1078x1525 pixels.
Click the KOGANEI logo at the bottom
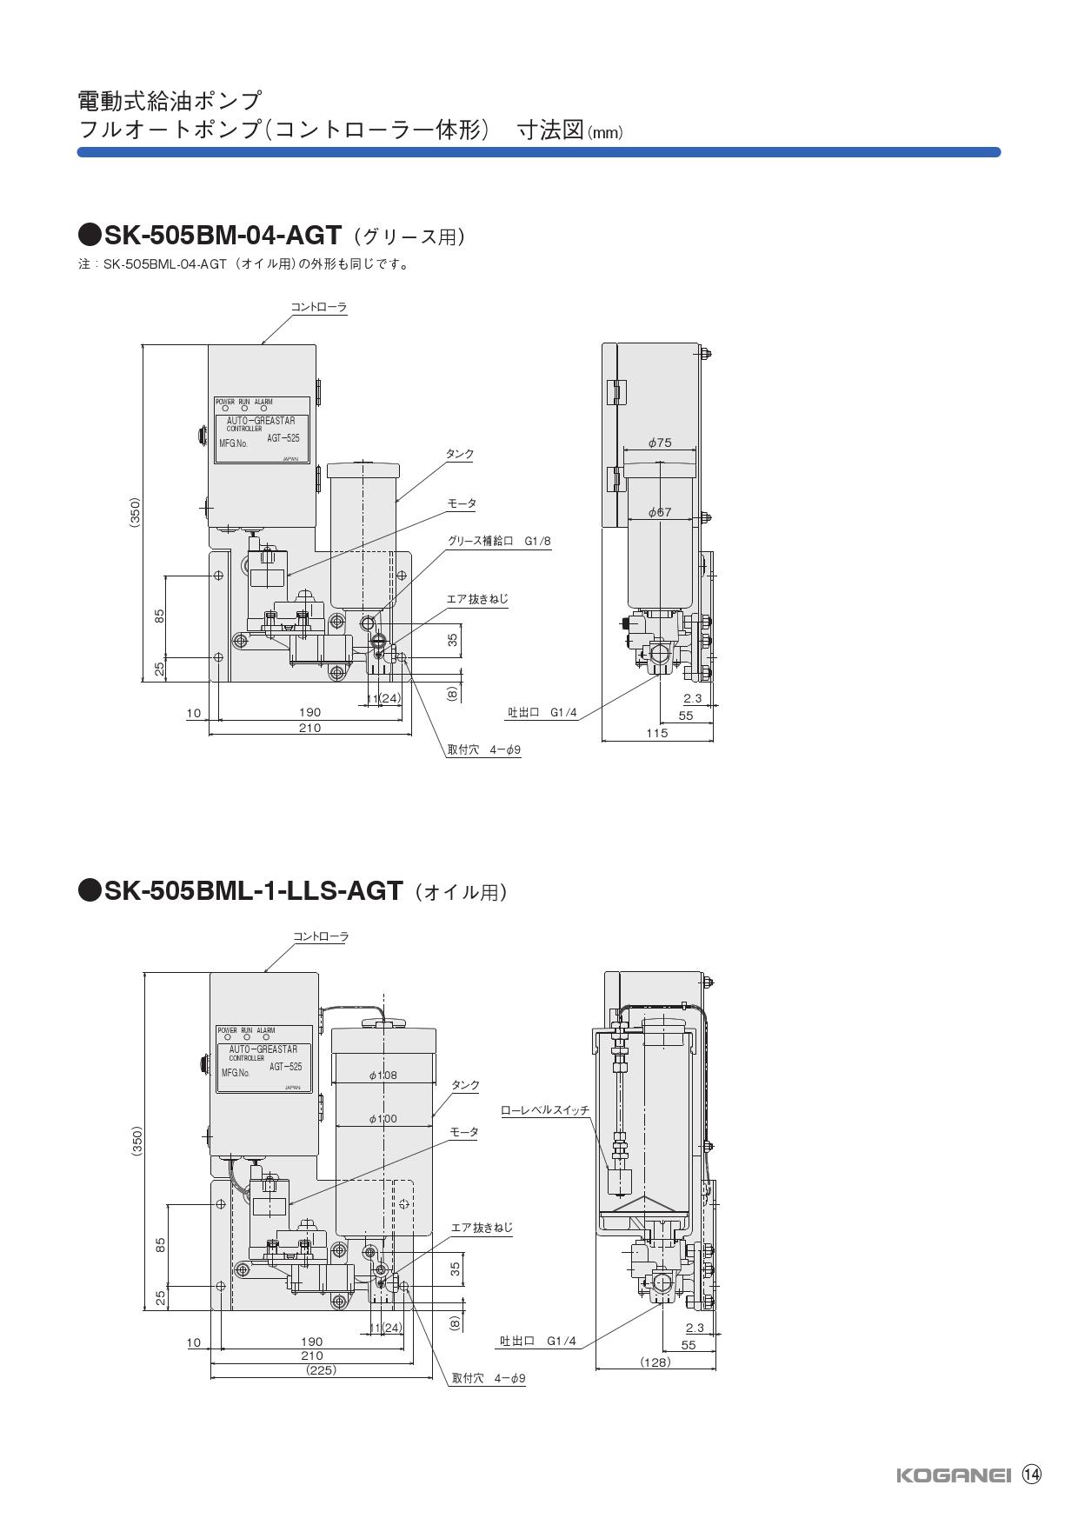pos(952,1475)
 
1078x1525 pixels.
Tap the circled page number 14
pos(1031,1475)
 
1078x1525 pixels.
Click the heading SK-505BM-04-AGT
pos(223,236)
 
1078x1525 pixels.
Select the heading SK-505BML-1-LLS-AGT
pos(253,890)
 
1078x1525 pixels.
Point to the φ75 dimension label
pos(660,443)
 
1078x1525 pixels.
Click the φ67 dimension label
pos(660,512)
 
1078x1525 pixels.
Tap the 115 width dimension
pos(657,733)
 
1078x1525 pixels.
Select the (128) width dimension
pos(655,1362)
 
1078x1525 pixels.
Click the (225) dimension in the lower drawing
pos(321,1370)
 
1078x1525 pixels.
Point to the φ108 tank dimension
pos(383,1075)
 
